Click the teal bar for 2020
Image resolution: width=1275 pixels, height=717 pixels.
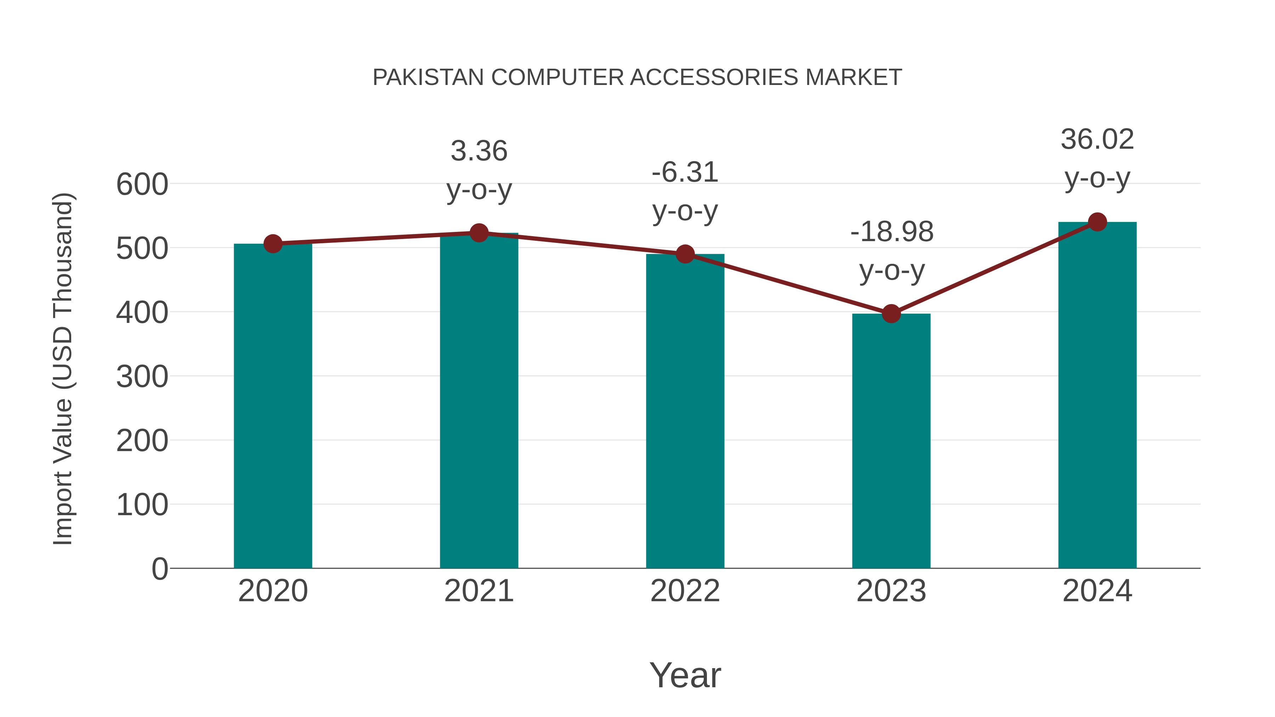coord(273,406)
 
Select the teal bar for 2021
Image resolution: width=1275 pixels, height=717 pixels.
coord(478,401)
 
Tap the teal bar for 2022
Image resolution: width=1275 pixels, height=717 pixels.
coord(685,411)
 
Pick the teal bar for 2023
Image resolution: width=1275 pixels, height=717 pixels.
coord(891,440)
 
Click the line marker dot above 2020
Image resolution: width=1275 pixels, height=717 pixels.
coord(273,244)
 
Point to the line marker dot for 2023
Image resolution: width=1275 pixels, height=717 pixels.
coord(891,314)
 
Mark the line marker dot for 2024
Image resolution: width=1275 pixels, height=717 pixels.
coord(1097,222)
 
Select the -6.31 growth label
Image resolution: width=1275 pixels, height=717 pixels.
coord(685,173)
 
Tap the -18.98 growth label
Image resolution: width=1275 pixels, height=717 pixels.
coord(891,232)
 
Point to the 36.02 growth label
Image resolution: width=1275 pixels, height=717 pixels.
coord(1097,139)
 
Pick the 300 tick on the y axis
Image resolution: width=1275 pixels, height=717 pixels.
coord(142,377)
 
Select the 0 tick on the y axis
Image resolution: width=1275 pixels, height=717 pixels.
coord(160,569)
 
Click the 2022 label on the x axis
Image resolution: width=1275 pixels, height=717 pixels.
coord(685,591)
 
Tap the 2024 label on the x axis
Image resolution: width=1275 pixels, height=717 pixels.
coord(1097,591)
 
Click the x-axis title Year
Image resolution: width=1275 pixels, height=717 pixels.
coord(685,675)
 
